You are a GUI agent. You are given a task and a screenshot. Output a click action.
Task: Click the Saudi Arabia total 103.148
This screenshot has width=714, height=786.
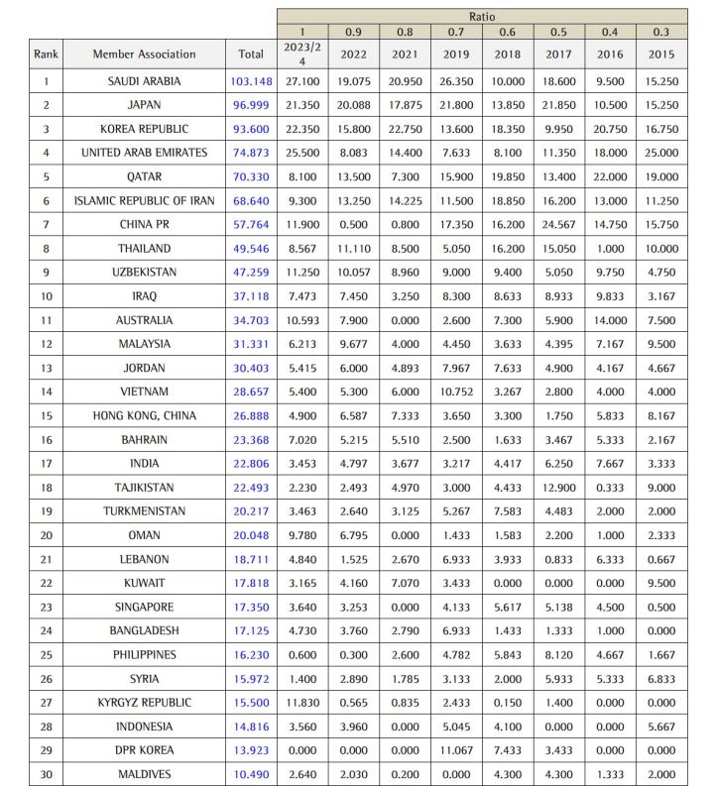[251, 81]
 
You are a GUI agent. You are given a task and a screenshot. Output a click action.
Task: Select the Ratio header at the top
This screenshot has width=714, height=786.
[482, 17]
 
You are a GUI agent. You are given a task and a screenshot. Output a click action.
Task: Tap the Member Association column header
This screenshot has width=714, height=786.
[144, 55]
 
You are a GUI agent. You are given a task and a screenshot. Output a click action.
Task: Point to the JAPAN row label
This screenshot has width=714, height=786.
[144, 105]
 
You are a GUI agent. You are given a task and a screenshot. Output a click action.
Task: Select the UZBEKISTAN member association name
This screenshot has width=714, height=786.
[144, 273]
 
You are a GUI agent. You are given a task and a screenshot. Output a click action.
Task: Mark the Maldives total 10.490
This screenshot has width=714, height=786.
[251, 775]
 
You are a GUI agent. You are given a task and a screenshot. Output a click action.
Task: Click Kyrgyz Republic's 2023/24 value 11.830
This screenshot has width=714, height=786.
[302, 703]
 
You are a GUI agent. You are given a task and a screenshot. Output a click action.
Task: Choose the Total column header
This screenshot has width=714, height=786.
[251, 55]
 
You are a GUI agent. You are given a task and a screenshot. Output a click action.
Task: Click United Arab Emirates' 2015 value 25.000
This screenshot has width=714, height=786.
[662, 153]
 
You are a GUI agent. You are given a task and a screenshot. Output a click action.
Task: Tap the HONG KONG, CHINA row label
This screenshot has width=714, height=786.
[144, 416]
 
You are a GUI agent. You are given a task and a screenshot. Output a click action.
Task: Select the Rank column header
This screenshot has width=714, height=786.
[46, 55]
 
